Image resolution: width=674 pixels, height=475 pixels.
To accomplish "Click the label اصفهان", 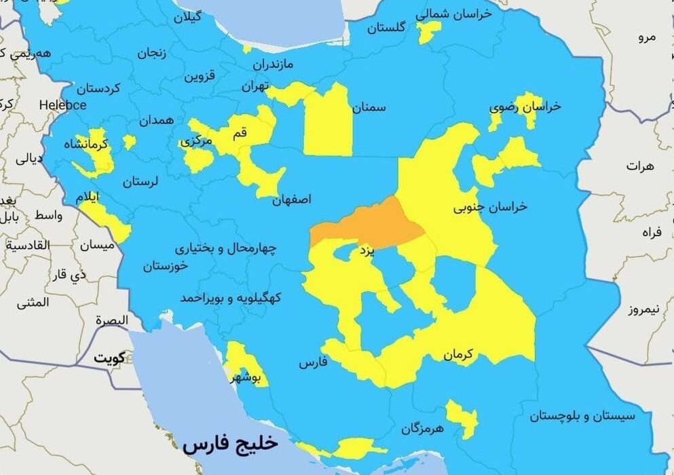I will tap(292, 201).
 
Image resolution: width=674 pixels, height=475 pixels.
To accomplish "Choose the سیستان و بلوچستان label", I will tap(582, 415).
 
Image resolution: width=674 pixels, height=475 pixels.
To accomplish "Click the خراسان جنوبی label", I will tap(491, 207).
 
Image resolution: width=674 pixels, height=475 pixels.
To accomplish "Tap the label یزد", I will tap(366, 252).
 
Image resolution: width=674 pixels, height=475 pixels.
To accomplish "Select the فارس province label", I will tap(313, 363).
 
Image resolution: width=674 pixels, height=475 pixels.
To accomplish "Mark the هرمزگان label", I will tap(422, 428).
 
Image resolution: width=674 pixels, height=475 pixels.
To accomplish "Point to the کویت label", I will tap(111, 358).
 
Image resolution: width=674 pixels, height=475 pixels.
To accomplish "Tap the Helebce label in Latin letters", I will tap(62, 105).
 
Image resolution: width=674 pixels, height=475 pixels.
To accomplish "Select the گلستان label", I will tap(386, 28).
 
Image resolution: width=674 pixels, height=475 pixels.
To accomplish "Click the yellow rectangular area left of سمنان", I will tap(328, 122).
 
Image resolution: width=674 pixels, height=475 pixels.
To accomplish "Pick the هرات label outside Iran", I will tap(641, 166).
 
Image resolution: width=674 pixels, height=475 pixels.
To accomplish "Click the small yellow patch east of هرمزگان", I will tap(462, 417).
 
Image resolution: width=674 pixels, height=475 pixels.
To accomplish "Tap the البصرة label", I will tap(111, 320).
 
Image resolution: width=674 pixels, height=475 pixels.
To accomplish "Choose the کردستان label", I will tap(98, 88).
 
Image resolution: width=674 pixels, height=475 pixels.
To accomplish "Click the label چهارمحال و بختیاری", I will tap(225, 248).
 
